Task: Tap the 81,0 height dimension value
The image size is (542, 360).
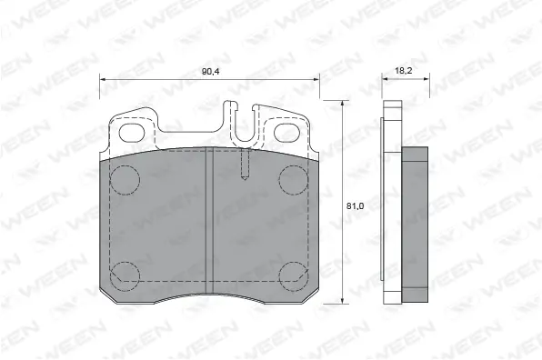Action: pyautogui.click(x=355, y=205)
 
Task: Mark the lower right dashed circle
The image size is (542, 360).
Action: pyautogui.click(x=292, y=274)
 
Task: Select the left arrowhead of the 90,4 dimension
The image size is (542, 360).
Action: pyautogui.click(x=103, y=80)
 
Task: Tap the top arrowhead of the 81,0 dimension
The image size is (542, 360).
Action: pyautogui.click(x=342, y=105)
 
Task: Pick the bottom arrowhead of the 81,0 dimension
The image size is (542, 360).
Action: pyautogui.click(x=342, y=300)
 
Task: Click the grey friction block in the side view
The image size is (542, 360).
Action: pyautogui.click(x=416, y=223)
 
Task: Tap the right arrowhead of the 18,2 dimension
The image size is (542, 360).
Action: pyautogui.click(x=424, y=80)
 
